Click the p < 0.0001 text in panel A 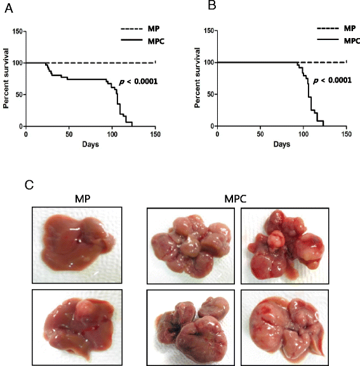click(x=138, y=82)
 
